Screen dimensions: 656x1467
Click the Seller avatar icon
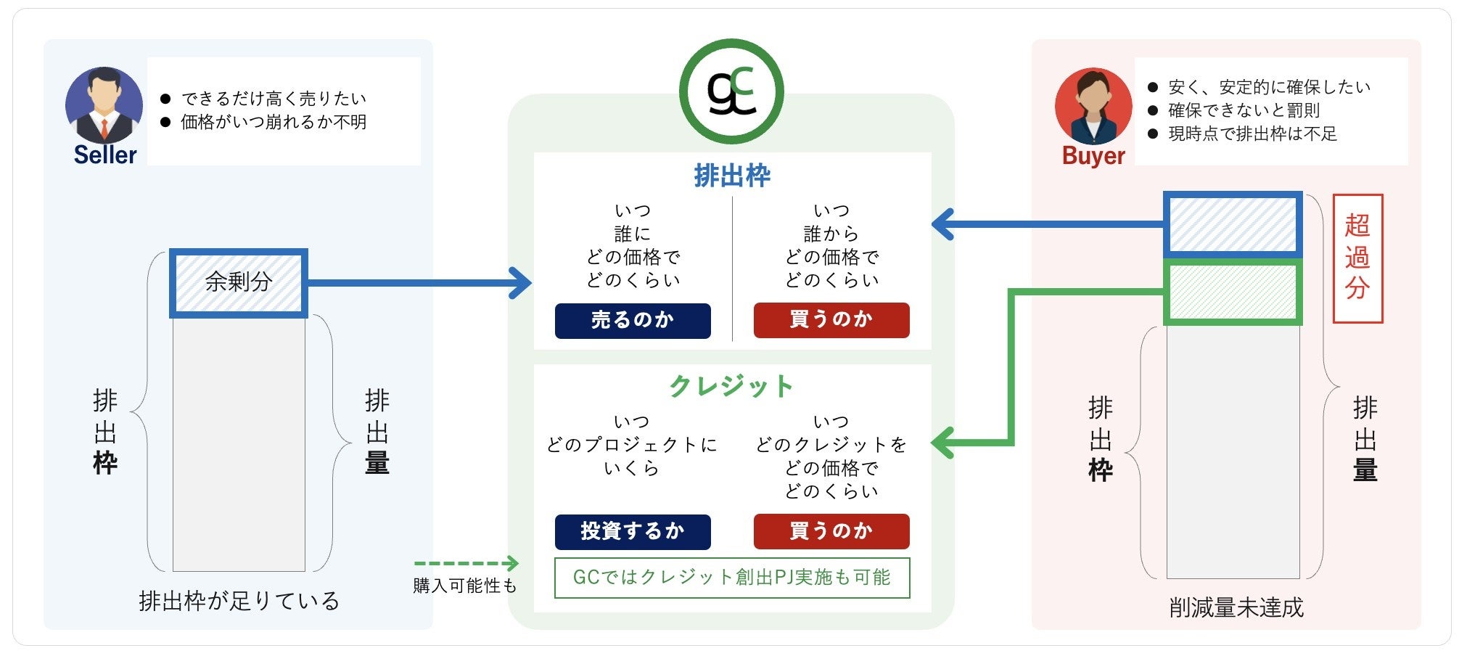click(104, 104)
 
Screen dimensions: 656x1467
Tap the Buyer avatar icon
click(1093, 106)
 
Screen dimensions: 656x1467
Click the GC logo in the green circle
click(731, 91)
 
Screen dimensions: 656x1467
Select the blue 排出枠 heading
click(732, 176)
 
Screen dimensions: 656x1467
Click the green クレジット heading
click(731, 386)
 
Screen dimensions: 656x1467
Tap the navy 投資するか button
click(633, 531)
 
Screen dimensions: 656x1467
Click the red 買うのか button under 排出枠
click(831, 320)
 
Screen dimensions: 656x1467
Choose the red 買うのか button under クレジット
click(831, 531)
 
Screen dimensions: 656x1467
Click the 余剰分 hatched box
click(239, 283)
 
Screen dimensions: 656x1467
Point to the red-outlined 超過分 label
click(1357, 258)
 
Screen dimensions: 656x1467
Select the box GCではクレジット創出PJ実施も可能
click(732, 578)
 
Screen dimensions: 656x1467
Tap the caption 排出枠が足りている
click(239, 601)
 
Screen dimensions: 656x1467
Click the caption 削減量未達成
click(1236, 607)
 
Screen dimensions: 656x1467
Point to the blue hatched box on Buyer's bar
click(1233, 225)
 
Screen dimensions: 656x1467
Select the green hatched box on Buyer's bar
click(1233, 292)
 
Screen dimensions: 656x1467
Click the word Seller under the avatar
click(105, 155)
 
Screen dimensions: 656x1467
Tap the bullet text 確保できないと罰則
click(1244, 110)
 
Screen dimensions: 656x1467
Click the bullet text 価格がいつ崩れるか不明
click(274, 122)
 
